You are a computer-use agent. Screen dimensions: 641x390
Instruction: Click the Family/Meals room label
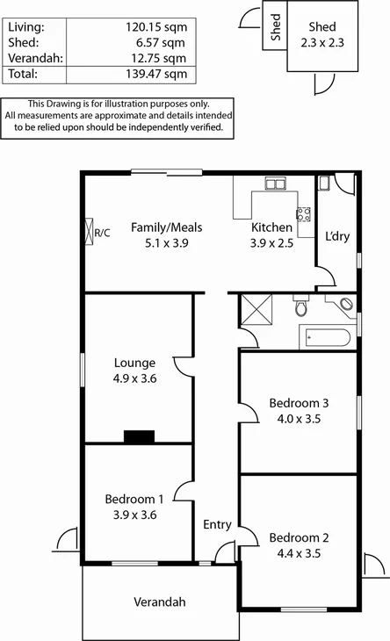(x=160, y=227)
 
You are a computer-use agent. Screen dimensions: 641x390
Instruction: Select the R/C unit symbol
(x=90, y=232)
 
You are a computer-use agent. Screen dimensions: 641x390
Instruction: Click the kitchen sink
(x=276, y=184)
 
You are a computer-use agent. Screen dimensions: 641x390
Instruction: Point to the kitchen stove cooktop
(x=304, y=213)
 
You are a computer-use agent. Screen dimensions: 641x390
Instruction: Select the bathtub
(x=327, y=336)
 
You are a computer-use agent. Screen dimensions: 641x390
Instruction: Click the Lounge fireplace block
(x=138, y=436)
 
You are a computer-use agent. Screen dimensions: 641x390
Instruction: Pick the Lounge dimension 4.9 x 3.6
(x=134, y=378)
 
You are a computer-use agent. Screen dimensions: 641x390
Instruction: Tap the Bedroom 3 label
(x=299, y=403)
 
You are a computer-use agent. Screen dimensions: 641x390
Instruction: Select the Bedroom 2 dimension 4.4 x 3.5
(x=299, y=554)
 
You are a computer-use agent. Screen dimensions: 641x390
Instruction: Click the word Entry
(x=217, y=524)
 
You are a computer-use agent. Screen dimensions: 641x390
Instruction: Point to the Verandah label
(x=160, y=602)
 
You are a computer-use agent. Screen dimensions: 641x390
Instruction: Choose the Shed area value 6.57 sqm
(x=164, y=43)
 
